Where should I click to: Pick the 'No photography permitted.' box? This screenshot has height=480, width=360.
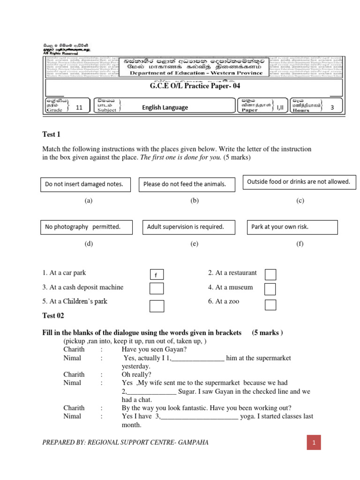pos(86,227)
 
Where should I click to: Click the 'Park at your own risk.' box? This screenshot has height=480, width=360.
pos(292,227)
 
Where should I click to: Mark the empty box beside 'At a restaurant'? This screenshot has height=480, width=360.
pos(270,274)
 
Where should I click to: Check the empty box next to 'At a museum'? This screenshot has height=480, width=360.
pos(270,289)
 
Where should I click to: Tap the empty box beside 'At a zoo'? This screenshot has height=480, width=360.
pos(270,305)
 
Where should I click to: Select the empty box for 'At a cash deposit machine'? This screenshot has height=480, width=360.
pos(157,289)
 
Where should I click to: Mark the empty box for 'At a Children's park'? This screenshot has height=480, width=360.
pos(157,306)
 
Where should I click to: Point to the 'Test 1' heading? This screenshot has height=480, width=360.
pos(52,135)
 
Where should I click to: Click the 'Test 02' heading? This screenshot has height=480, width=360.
pos(53,315)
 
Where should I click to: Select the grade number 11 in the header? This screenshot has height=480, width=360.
pos(79,107)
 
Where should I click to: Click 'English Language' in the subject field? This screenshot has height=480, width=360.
pos(165,107)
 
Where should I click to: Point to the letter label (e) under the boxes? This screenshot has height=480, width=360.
pos(195,244)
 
